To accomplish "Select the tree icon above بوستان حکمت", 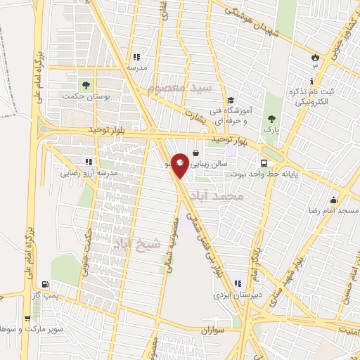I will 86,84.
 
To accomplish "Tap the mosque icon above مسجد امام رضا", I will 333,200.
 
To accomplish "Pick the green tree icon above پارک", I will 271,118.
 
